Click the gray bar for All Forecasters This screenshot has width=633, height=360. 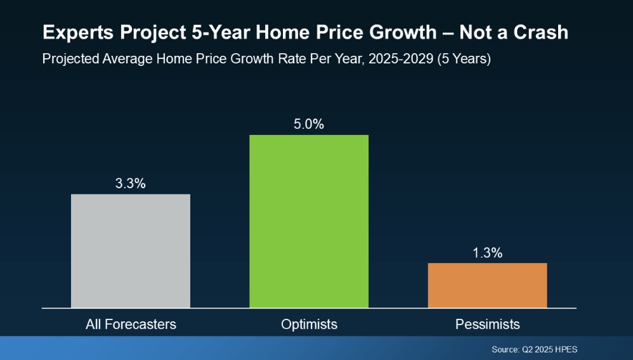(130, 250)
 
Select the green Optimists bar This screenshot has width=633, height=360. (309, 221)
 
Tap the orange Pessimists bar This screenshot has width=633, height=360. (487, 285)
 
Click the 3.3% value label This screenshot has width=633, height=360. (130, 184)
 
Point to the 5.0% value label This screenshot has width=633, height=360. (309, 124)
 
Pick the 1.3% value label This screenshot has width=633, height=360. (487, 253)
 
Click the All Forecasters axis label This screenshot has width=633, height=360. (131, 325)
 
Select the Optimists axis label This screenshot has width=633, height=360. (309, 325)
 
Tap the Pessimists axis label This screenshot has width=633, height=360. (487, 325)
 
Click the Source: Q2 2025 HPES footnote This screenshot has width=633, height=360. (534, 349)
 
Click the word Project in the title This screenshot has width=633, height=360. (133, 33)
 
